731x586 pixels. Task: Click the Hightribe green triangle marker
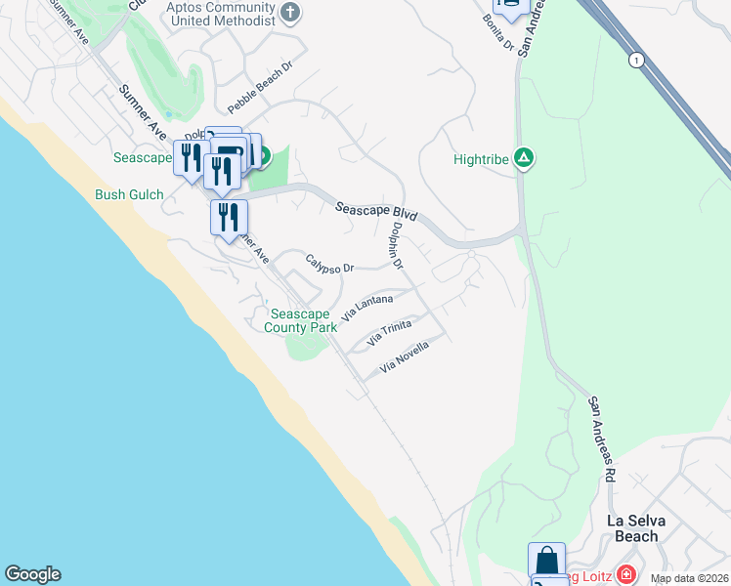point(525,157)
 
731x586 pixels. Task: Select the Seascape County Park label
point(304,320)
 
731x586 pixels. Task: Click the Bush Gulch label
point(129,194)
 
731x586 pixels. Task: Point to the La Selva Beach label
point(646,527)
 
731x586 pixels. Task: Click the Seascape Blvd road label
point(376,212)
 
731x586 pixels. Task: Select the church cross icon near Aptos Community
point(290,13)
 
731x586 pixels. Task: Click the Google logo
point(32,574)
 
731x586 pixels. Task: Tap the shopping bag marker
point(547,560)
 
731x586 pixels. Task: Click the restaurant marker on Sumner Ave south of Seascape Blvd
point(229,216)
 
